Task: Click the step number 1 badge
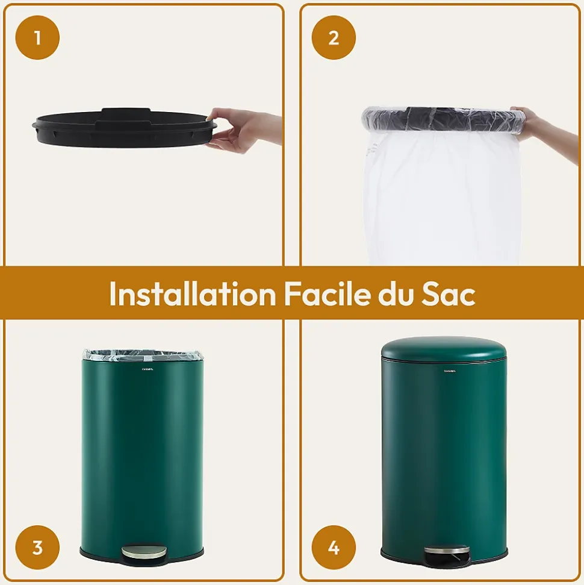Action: point(37,37)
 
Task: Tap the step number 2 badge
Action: point(334,37)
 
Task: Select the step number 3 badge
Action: point(37,548)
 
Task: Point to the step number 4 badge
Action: point(334,548)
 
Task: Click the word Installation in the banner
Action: point(192,294)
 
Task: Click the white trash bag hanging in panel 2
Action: point(443,199)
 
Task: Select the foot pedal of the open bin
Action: point(143,551)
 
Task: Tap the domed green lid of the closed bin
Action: point(444,348)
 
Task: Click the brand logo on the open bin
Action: point(148,369)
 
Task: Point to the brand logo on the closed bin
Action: point(450,371)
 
